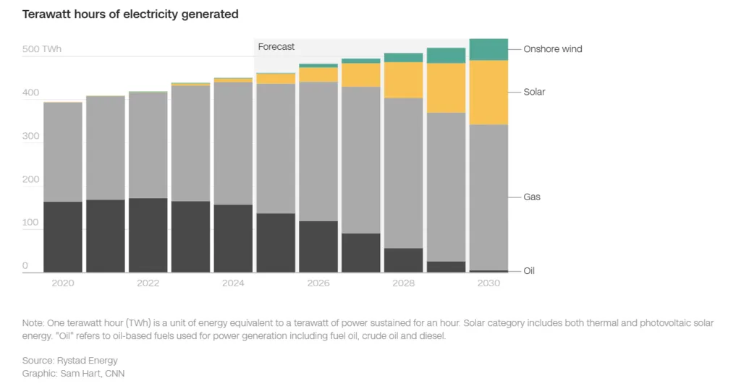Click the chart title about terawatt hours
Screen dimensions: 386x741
pyautogui.click(x=130, y=14)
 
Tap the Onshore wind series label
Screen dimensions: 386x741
pyautogui.click(x=553, y=49)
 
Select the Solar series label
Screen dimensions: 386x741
pyautogui.click(x=535, y=92)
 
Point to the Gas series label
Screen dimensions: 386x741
pyautogui.click(x=532, y=197)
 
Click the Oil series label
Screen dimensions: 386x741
pyautogui.click(x=529, y=270)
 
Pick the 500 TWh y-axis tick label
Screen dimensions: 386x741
pyautogui.click(x=42, y=49)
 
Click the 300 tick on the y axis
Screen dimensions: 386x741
pyautogui.click(x=32, y=136)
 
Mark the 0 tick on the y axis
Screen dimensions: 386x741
pyautogui.click(x=25, y=266)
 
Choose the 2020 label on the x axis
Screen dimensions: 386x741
pyautogui.click(x=63, y=283)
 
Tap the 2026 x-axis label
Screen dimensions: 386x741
pyautogui.click(x=318, y=283)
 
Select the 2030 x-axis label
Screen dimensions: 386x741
pyautogui.click(x=488, y=283)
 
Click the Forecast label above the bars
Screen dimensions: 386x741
pyautogui.click(x=276, y=47)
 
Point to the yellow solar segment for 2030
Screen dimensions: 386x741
pyautogui.click(x=488, y=93)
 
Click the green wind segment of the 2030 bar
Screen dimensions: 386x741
pyautogui.click(x=488, y=49)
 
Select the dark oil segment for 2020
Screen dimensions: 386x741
pyautogui.click(x=63, y=236)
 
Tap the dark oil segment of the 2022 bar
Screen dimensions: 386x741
pyautogui.click(x=148, y=235)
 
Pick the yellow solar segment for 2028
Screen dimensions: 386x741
pyautogui.click(x=403, y=80)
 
